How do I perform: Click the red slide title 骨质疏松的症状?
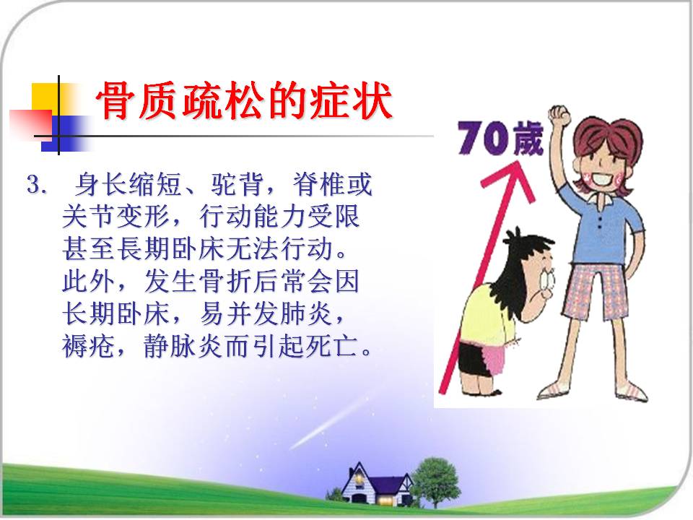(x=244, y=101)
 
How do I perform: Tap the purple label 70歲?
(x=500, y=138)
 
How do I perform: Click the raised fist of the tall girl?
(x=559, y=116)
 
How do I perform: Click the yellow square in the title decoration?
(x=44, y=95)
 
